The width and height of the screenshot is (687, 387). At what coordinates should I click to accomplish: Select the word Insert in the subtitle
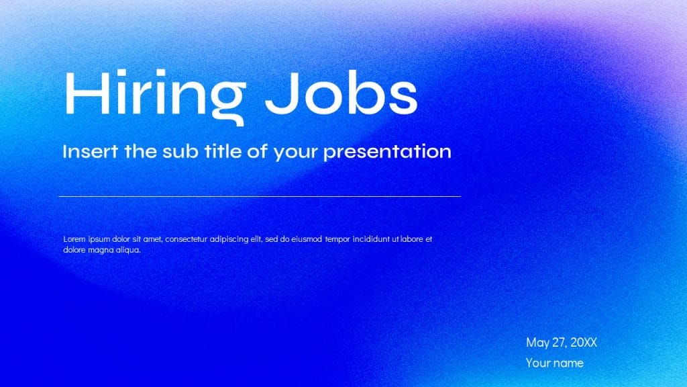pyautogui.click(x=91, y=151)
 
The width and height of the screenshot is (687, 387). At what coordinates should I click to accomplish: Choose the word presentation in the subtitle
pyautogui.click(x=387, y=152)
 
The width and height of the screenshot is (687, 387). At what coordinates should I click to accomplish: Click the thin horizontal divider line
pyautogui.click(x=260, y=196)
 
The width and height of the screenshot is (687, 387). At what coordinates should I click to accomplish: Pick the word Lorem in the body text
pyautogui.click(x=74, y=239)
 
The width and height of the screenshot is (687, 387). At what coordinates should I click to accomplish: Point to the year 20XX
pyautogui.click(x=583, y=342)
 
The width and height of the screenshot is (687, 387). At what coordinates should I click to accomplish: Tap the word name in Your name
pyautogui.click(x=568, y=363)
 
